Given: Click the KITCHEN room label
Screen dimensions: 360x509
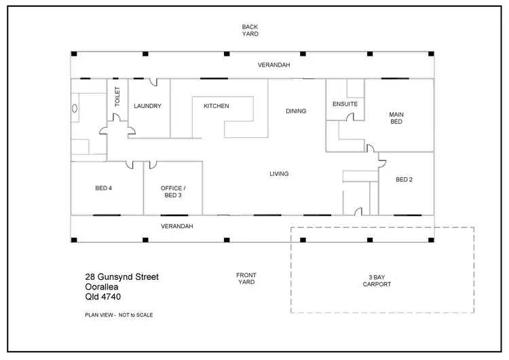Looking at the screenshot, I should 216,106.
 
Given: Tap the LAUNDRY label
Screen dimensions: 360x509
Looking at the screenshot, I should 147,106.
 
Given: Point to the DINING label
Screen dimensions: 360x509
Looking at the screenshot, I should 296,111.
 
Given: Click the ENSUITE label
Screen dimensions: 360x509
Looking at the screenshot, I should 345,104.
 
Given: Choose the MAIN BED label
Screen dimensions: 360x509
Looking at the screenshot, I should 396,118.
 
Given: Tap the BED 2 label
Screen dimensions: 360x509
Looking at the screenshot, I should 404,179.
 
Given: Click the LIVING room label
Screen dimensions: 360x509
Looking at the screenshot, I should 279,174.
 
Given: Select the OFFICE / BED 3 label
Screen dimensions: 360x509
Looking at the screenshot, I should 172,192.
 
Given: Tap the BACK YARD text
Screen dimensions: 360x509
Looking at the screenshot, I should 250,30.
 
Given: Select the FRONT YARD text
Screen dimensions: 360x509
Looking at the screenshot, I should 246,278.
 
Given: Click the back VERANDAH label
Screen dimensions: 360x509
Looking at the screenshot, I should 274,65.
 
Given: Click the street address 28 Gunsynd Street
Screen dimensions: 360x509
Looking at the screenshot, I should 122,276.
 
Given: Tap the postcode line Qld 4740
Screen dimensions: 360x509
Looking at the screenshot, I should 100,297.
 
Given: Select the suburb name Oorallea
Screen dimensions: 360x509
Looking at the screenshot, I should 101,287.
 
